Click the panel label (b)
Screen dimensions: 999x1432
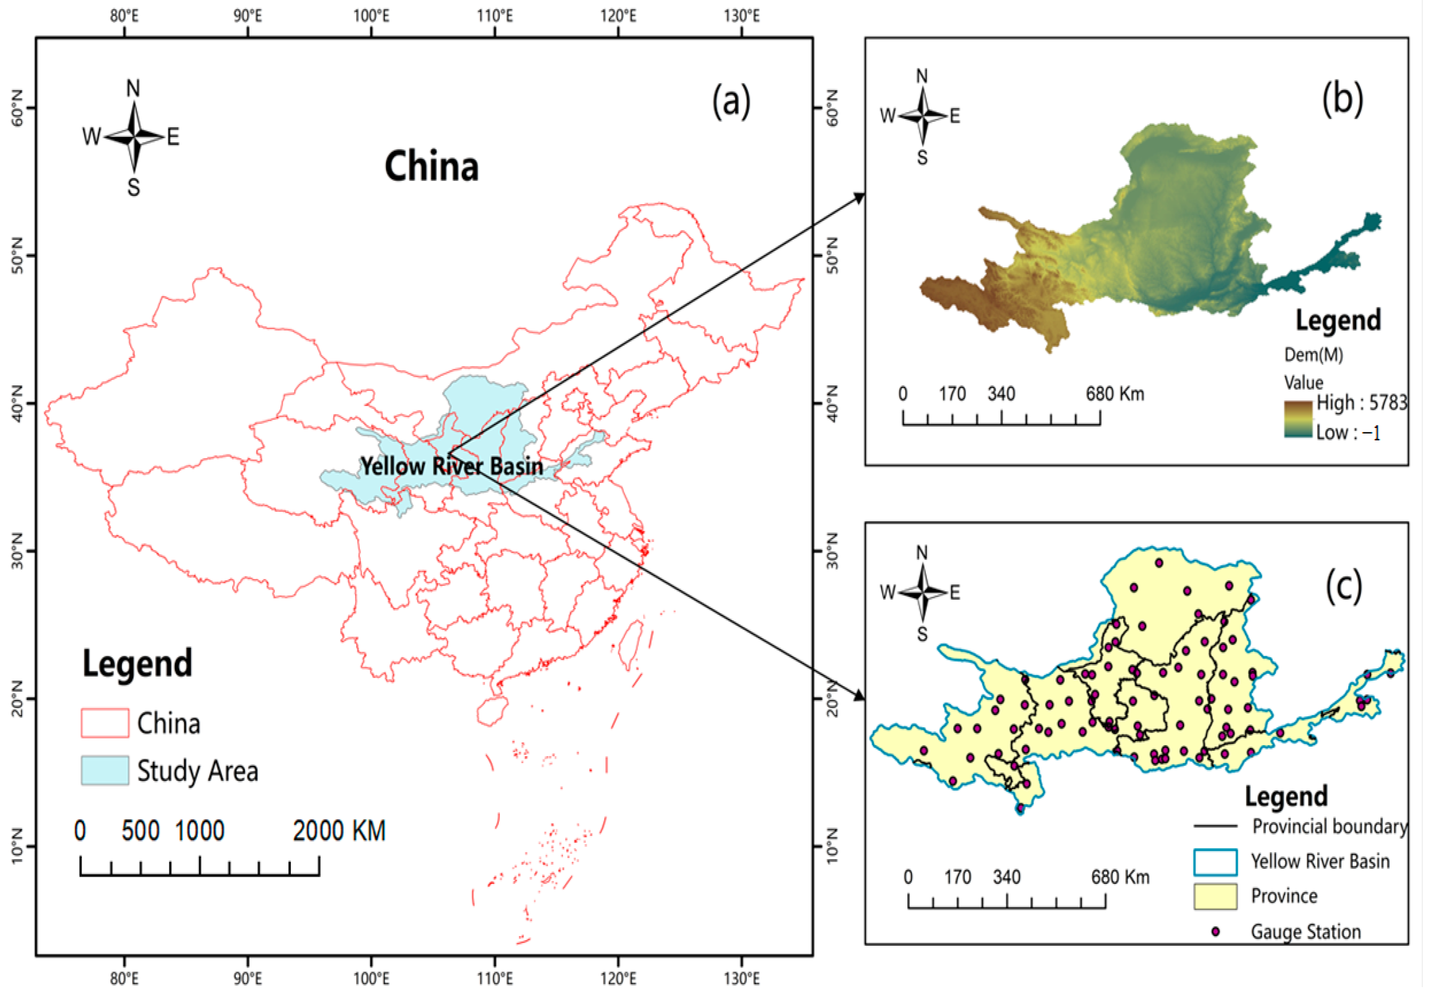point(1342,99)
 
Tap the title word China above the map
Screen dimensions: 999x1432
point(432,167)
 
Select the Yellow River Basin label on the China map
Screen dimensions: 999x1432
point(452,466)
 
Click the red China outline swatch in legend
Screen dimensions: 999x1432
point(105,724)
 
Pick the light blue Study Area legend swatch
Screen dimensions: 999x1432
point(105,770)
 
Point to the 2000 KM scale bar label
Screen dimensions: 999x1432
point(339,831)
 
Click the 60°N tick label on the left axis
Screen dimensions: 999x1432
point(17,107)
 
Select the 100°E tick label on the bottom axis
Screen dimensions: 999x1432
point(371,979)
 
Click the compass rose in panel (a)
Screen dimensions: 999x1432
point(134,136)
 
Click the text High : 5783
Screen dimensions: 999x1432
point(1361,403)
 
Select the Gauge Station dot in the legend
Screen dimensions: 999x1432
point(1215,932)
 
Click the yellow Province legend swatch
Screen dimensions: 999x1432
point(1215,896)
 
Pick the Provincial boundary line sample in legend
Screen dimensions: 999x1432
point(1215,826)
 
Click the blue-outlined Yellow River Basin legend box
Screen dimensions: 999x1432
point(1215,862)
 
